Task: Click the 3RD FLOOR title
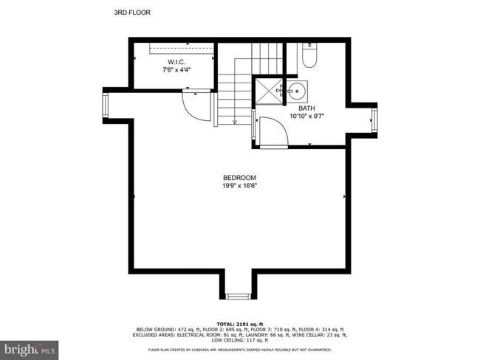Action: [x=132, y=13]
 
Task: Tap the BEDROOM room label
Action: [x=239, y=178]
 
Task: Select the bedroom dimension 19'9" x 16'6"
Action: [x=239, y=186]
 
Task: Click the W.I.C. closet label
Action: [x=176, y=62]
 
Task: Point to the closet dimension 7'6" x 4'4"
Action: [x=176, y=70]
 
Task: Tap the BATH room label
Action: [x=306, y=108]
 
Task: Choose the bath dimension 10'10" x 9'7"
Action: [x=306, y=117]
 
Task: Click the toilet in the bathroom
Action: [x=309, y=55]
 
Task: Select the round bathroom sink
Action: [x=297, y=91]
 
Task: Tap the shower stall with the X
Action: [x=269, y=91]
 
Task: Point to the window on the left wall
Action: [x=105, y=105]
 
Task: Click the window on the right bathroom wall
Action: [x=374, y=120]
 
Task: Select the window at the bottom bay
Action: [x=239, y=296]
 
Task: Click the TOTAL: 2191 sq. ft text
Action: [x=240, y=324]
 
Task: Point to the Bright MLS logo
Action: [x=29, y=349]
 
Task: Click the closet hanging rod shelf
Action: [x=181, y=48]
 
